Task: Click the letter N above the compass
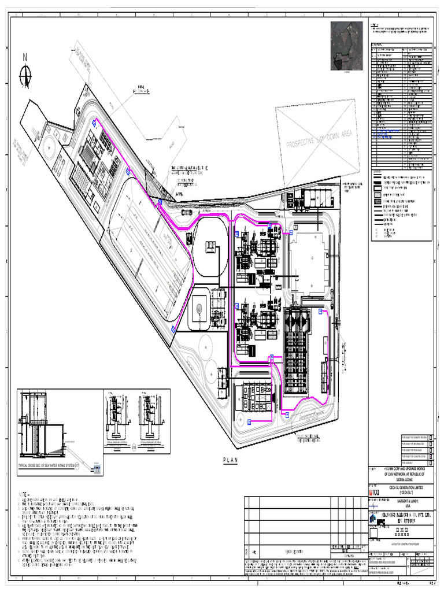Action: point(25,57)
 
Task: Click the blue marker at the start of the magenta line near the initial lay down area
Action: point(94,122)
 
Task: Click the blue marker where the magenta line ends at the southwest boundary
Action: point(173,328)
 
